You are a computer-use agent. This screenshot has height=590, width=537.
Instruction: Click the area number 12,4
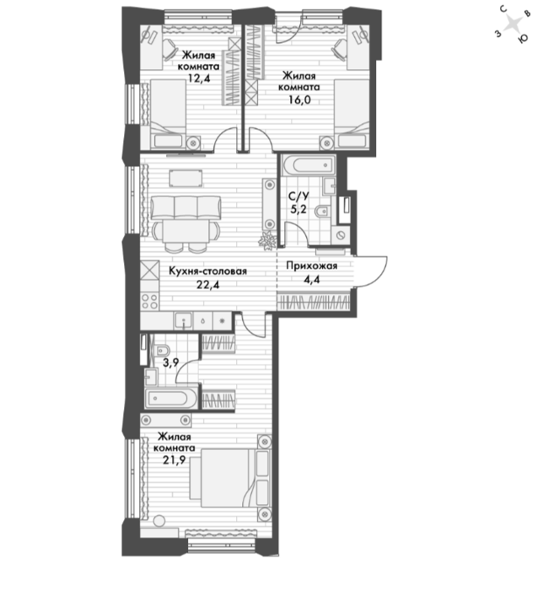(x=200, y=78)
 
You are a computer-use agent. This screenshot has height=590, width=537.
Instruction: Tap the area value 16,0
(x=299, y=99)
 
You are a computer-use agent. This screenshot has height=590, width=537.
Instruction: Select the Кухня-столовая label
(x=207, y=271)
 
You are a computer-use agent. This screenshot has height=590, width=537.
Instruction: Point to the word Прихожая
(x=312, y=265)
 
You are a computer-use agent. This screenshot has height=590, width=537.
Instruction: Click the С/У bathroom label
(x=298, y=196)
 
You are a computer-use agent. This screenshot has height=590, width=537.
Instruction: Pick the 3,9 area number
(x=170, y=362)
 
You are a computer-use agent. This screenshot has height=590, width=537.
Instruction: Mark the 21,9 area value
(x=175, y=459)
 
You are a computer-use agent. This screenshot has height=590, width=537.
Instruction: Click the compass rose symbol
(x=513, y=24)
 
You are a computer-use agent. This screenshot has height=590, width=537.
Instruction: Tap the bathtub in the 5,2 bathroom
(x=308, y=165)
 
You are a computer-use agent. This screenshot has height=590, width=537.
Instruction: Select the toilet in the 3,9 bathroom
(x=161, y=351)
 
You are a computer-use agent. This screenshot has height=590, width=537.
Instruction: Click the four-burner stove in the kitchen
(x=150, y=301)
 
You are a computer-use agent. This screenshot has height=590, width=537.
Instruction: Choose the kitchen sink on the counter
(x=183, y=321)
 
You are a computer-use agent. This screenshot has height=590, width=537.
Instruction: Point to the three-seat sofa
(x=186, y=207)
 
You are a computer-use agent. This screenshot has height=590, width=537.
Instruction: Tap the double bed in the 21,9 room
(x=230, y=478)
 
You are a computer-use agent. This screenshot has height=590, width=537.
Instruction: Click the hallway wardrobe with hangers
(x=314, y=302)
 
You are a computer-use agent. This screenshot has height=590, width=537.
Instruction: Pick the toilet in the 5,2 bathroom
(x=322, y=212)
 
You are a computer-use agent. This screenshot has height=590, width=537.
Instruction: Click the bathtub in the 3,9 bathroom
(x=171, y=399)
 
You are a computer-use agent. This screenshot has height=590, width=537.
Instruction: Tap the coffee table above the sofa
(x=185, y=178)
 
